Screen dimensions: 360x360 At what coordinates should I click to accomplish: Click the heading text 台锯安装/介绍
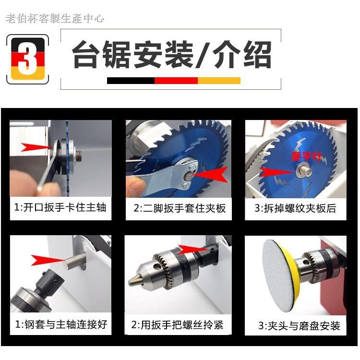[x=171, y=55]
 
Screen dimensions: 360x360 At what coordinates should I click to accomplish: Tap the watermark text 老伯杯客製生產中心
[x=55, y=19]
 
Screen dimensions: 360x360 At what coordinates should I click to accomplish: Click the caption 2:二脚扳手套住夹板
[x=179, y=209]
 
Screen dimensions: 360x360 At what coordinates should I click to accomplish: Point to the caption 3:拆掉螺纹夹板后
[x=295, y=209]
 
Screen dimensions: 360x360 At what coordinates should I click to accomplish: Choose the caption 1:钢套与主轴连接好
[x=60, y=324]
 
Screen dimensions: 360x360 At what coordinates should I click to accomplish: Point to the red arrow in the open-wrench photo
[x=35, y=146]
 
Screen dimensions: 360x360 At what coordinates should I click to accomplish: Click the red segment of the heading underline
[x=176, y=80]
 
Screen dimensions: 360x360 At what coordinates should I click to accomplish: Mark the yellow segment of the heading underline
[x=219, y=80]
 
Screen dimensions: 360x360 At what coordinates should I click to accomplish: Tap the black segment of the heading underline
[x=131, y=80]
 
